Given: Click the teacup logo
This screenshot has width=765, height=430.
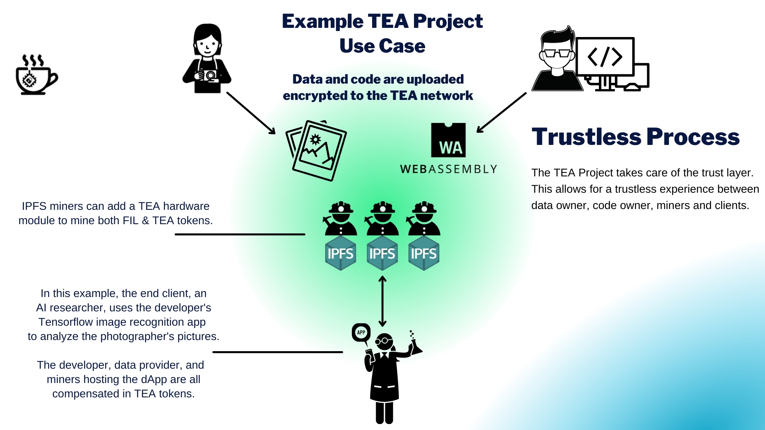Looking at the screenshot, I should pos(36,76).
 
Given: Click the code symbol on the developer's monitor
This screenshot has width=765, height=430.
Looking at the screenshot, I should pos(605,57).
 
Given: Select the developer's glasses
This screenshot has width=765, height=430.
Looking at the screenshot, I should pos(557,53).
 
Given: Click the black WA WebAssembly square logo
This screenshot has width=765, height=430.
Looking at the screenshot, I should pos(448,140).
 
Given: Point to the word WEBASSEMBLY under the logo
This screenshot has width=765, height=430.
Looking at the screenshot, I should pos(448,169).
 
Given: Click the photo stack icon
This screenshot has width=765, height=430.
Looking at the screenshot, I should pos(316,150).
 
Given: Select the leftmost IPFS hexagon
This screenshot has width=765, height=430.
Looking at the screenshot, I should pos(340,254).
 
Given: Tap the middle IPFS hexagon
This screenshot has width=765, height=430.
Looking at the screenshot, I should pos(382,254).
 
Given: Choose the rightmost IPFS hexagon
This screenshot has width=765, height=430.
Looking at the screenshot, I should pos(424,254).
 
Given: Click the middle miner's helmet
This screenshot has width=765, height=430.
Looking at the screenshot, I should pos(382,207).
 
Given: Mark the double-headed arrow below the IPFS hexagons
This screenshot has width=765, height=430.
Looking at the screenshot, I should pos(382,301).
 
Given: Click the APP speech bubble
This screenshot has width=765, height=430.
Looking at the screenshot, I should pos(361,332).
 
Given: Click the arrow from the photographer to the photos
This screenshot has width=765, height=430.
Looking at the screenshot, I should pos(251,113).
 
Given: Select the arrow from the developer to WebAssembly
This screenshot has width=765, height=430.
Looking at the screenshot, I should pos(501,113).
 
